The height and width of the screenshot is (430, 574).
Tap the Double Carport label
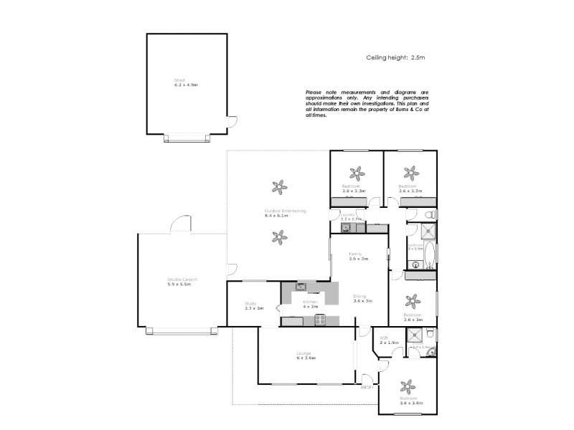click(x=182, y=281)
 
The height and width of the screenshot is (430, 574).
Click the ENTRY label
click(x=367, y=387)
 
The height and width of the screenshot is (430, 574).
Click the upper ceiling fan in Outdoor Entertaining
click(x=281, y=186)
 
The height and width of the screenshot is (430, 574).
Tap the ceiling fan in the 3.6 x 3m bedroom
click(x=412, y=300)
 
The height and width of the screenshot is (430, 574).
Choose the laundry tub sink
click(x=345, y=228)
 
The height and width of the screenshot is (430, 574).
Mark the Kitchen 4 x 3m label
click(x=310, y=305)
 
